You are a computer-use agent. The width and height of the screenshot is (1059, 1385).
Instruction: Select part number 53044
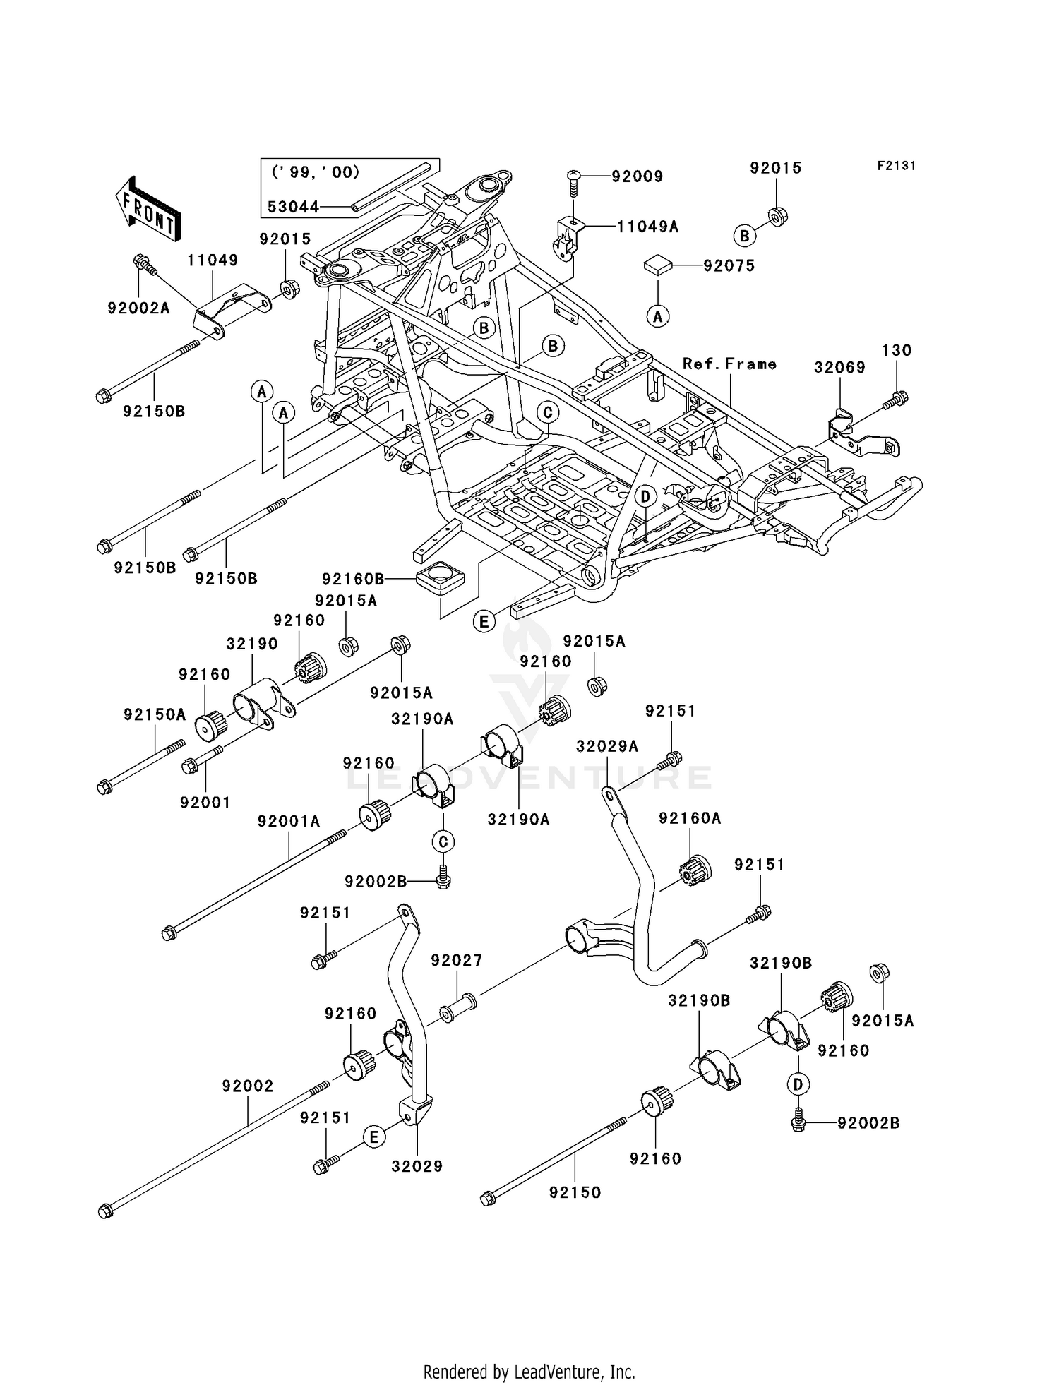coord(293,208)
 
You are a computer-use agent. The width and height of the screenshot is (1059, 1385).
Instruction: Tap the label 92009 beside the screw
coord(637,176)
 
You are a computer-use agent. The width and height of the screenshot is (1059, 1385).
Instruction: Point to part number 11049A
coord(647,227)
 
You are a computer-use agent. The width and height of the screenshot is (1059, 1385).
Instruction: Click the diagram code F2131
coord(896,166)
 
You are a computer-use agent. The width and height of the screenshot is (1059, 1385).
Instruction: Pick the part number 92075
coord(729,266)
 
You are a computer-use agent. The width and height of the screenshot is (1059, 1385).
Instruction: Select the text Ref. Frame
coord(729,364)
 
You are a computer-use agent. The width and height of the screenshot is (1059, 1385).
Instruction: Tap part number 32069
coord(839,368)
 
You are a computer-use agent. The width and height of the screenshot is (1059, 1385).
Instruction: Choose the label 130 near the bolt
coord(897,351)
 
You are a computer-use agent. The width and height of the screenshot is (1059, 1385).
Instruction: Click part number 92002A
coord(138,308)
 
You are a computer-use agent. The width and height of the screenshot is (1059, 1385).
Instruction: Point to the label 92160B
coord(353,579)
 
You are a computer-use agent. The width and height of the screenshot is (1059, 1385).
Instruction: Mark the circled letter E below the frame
coord(484,621)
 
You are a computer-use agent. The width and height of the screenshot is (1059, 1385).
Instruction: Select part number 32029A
coord(607,747)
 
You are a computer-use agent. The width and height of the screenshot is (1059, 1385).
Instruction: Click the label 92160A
coord(690,818)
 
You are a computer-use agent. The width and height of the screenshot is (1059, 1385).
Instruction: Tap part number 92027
coord(456,960)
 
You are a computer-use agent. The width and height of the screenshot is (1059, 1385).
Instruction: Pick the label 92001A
coord(289,822)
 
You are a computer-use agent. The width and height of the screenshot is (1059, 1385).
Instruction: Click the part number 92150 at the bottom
coord(575,1192)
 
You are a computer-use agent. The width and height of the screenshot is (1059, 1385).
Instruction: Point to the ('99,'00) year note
coord(315,172)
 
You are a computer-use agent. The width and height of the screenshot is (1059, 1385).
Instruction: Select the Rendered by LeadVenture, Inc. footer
coord(529,1372)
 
